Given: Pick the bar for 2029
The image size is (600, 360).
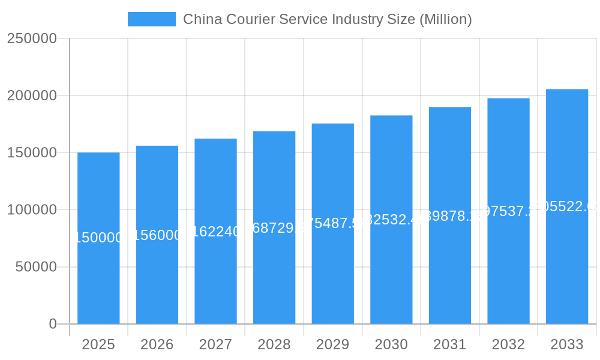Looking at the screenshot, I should point(332,270).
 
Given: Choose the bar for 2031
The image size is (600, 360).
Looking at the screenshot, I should point(450,270).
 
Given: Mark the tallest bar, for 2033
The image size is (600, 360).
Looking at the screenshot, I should point(567,270).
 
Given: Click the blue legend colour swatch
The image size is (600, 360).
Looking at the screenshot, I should point(152,19).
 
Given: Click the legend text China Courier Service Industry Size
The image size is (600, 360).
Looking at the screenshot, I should point(327,19).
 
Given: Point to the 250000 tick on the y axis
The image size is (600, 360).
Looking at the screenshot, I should point(32,38).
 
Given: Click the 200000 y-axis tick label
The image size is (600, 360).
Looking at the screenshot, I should point(32,95).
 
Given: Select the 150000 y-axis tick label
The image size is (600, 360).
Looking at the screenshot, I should point(32,152).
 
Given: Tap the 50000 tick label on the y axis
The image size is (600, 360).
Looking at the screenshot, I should point(36,267).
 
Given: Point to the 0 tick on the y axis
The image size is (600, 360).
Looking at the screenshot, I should point(53,324).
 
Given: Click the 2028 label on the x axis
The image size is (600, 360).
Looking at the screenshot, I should point(274,344).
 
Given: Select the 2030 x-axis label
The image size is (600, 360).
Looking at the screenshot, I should point(391,344).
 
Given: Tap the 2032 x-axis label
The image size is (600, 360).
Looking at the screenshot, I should point(508,344).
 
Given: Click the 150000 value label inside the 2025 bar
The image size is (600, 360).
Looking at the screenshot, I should point(98,238).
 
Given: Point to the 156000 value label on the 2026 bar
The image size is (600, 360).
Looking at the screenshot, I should point(157,235).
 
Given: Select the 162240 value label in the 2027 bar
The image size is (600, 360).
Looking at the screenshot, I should point(215,231).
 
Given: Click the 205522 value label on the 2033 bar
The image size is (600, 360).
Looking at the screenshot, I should point(567,206).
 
